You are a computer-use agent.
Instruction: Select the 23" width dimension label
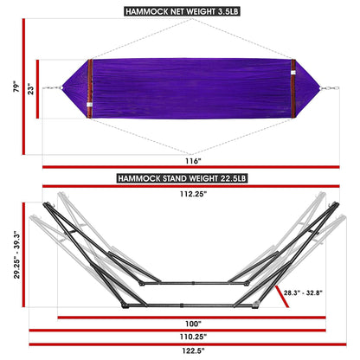(x=31, y=87)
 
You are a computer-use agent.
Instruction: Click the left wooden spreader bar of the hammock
(x=89, y=87)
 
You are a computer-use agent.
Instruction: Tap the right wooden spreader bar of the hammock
(x=293, y=87)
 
